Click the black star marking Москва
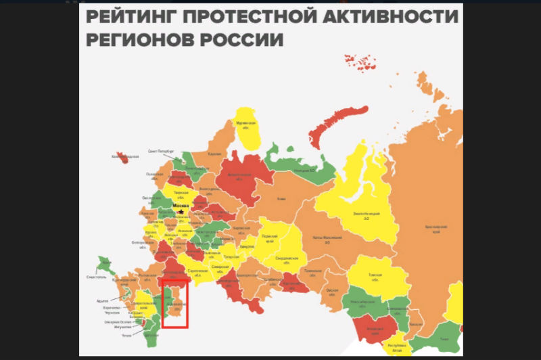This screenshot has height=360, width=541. click(x=181, y=212)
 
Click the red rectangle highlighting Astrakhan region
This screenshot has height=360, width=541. click(x=174, y=303)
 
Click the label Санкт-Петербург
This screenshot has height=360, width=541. click(x=162, y=152)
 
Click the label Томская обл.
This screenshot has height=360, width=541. click(x=375, y=276)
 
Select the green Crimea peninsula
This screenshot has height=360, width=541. click(x=105, y=265)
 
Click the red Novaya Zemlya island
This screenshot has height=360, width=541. click(x=326, y=132)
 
